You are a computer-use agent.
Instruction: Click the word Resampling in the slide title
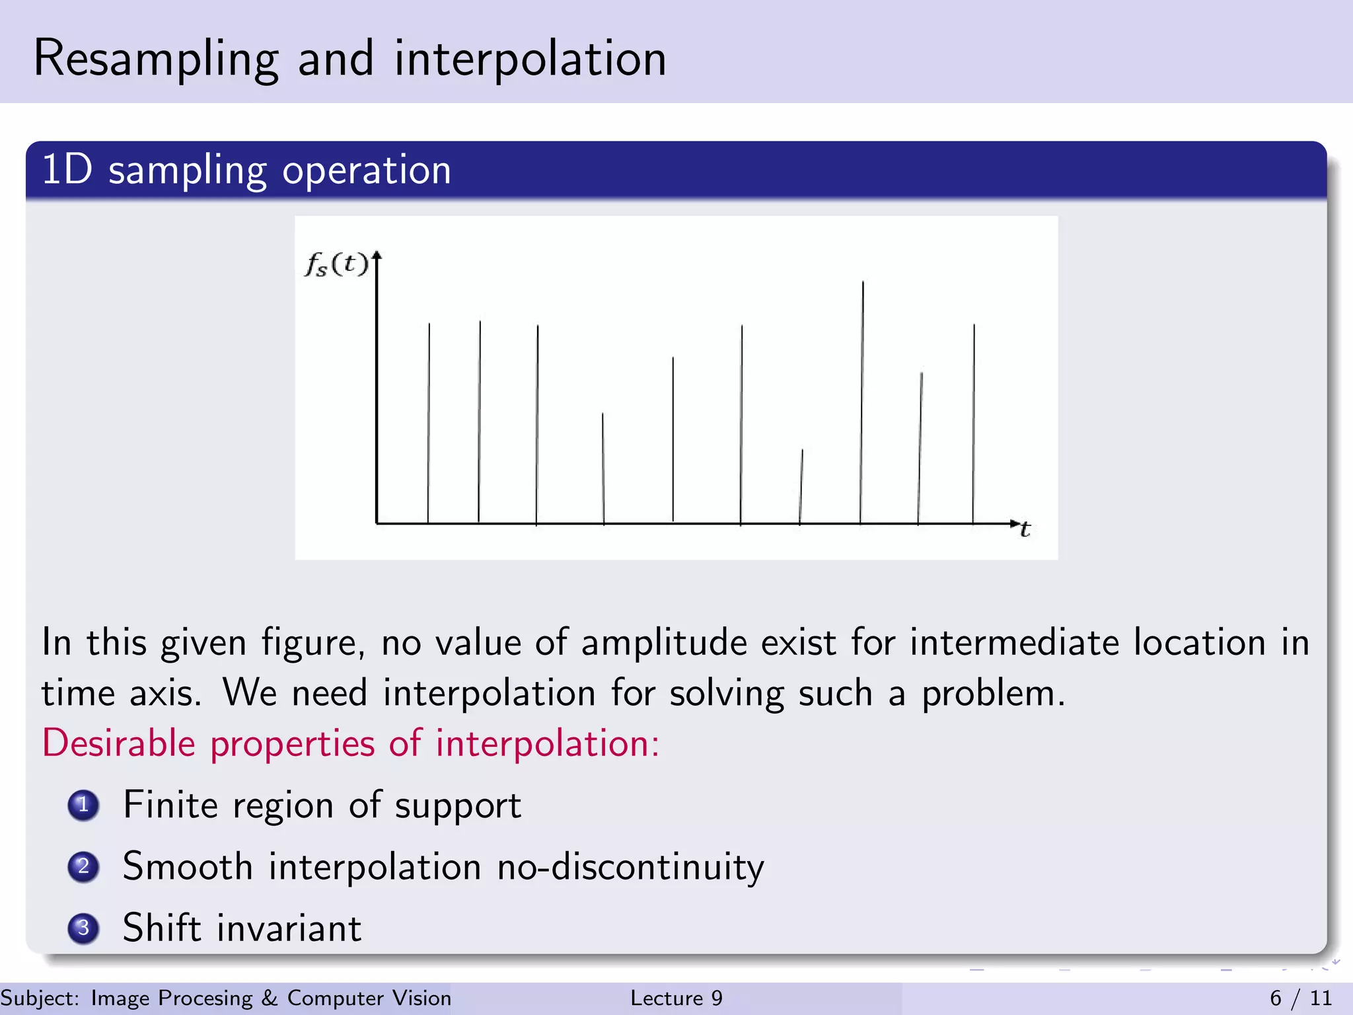pyautogui.click(x=156, y=59)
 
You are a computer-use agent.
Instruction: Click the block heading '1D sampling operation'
pyautogui.click(x=246, y=170)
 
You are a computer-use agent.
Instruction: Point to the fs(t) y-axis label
pyautogui.click(x=336, y=264)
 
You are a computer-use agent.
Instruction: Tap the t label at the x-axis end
pyautogui.click(x=1025, y=530)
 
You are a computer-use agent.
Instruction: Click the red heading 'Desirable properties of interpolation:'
pyautogui.click(x=350, y=743)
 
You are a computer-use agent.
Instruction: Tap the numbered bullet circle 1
pyautogui.click(x=83, y=806)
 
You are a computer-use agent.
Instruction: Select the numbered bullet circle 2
pyautogui.click(x=83, y=866)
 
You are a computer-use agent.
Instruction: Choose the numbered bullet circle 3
pyautogui.click(x=83, y=928)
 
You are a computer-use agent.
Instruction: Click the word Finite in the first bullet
pyautogui.click(x=170, y=806)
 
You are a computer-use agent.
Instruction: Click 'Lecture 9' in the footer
pyautogui.click(x=676, y=998)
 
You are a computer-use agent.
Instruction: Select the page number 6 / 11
pyautogui.click(x=1300, y=998)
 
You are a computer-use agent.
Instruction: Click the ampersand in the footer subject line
pyautogui.click(x=270, y=998)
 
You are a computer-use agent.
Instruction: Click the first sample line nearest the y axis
pyautogui.click(x=429, y=423)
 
